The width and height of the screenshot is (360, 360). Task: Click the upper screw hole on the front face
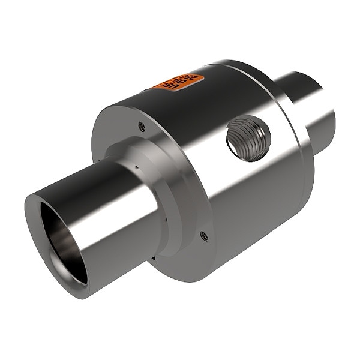coord(141,126)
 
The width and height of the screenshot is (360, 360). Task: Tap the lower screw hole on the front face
coord(204,235)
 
